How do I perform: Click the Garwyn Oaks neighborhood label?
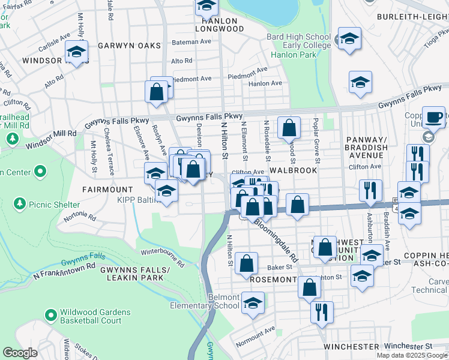coord(130,46)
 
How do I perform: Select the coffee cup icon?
coord(433,116)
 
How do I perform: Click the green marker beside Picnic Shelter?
coord(18,203)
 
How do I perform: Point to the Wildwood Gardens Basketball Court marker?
coord(50,314)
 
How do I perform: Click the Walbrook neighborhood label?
coord(293,171)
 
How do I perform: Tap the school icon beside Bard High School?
coord(348,38)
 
